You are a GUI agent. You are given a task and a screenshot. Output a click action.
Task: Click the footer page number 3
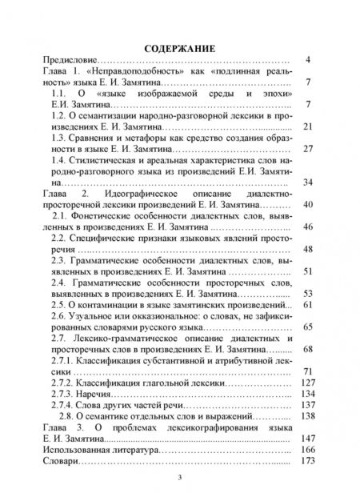(180, 478)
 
